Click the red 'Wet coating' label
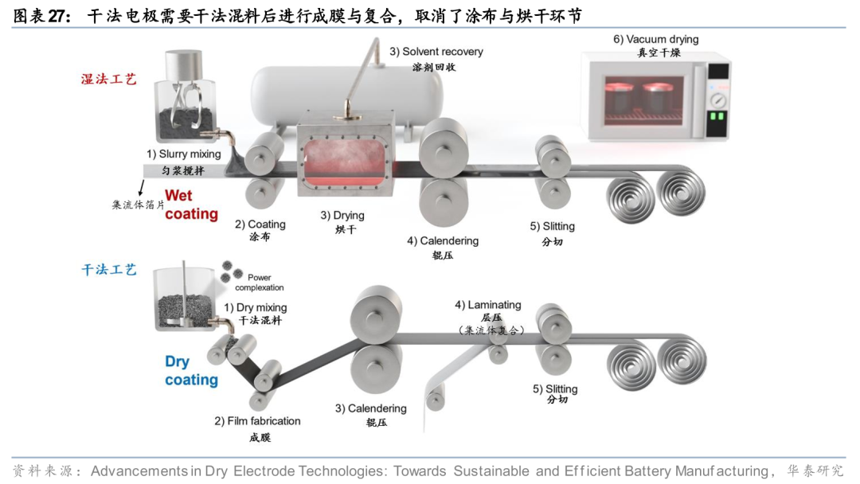pos(191,205)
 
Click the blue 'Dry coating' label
pos(191,371)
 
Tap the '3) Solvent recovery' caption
pos(436,52)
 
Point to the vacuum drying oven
pos(655,96)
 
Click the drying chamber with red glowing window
pos(346,159)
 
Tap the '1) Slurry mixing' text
pos(183,154)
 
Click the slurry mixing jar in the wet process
pos(186,96)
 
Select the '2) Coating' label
pos(260,224)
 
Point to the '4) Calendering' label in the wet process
pos(443,240)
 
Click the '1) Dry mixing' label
pos(255,307)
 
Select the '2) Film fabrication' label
pos(257,421)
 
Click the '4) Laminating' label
pos(487,304)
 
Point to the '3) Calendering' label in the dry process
pos(370,408)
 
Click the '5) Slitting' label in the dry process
pos(555,389)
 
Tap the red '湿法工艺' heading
pos(109,79)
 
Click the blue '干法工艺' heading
pos(109,270)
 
